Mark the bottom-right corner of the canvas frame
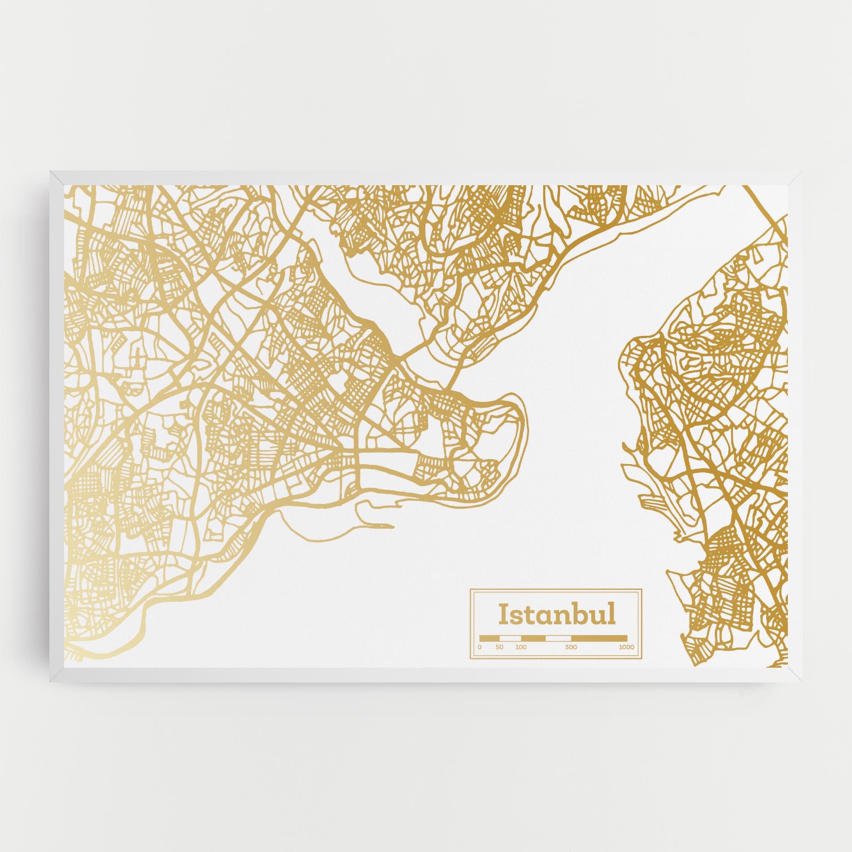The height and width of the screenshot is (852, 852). point(801,679)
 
